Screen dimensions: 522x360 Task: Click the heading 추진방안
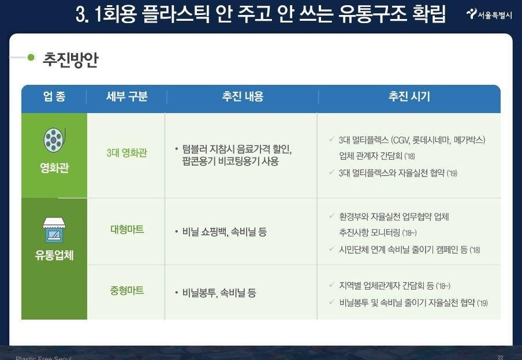click(70, 60)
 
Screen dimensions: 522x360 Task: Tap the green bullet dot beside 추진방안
click(31, 57)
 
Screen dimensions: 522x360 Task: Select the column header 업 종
click(54, 96)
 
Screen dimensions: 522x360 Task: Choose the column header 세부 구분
click(126, 96)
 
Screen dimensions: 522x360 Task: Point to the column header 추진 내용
click(243, 96)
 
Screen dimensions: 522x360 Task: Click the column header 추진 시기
click(409, 96)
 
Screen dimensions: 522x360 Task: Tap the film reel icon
click(54, 140)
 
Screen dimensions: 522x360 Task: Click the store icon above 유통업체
click(54, 230)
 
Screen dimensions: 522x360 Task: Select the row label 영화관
click(54, 168)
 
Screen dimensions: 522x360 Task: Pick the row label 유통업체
click(54, 255)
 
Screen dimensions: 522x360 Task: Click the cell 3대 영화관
click(126, 153)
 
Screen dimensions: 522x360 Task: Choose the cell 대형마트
click(127, 230)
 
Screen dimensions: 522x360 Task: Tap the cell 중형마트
click(127, 291)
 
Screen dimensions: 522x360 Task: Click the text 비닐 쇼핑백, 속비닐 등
click(225, 232)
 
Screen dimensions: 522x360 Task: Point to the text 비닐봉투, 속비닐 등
click(219, 293)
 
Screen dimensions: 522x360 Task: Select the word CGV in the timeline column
click(401, 140)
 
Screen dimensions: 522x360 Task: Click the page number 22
click(501, 357)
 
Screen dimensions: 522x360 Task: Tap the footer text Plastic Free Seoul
click(43, 358)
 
